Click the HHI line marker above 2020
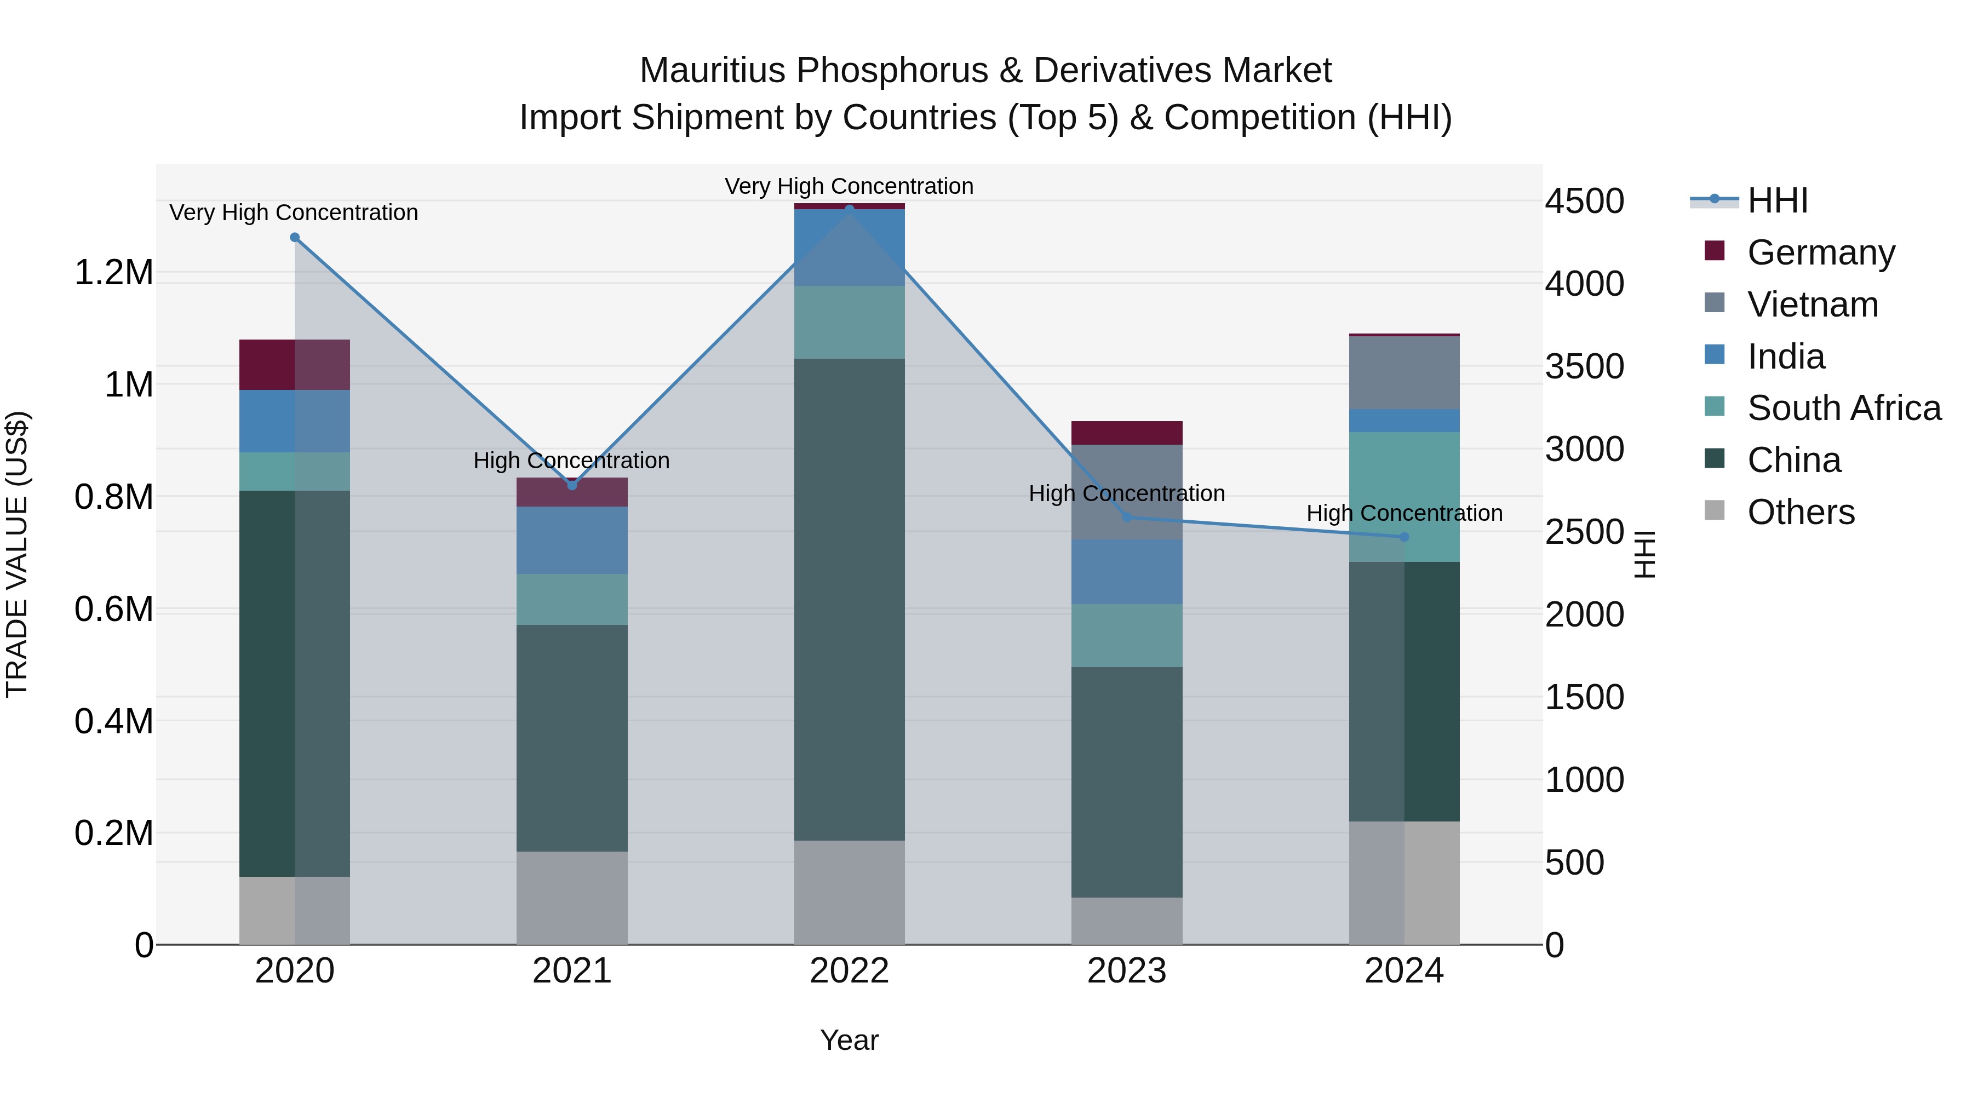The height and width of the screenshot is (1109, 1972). coord(295,237)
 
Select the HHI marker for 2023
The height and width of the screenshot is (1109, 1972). coord(1126,518)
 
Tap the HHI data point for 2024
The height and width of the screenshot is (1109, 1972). coord(1404,537)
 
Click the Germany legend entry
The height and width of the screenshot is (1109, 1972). coord(1820,252)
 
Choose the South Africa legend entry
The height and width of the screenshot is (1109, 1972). coord(1843,408)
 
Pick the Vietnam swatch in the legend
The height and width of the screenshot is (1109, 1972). coord(1715,303)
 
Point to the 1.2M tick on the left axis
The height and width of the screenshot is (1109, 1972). coord(113,273)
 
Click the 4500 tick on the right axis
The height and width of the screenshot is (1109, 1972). coord(1584,202)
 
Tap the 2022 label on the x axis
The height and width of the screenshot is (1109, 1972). coord(849,971)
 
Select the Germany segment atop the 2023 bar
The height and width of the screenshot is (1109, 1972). coord(1126,433)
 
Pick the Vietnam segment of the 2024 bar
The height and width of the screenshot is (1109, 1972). coord(1404,373)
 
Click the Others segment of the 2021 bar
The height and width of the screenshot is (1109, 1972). coord(572,897)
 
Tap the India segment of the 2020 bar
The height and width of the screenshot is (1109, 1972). coord(295,421)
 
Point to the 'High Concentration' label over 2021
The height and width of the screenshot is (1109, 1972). coord(571,461)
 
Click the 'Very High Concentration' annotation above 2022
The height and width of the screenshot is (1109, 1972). coord(849,186)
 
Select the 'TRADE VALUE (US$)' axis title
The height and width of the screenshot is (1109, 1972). coord(17,554)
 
